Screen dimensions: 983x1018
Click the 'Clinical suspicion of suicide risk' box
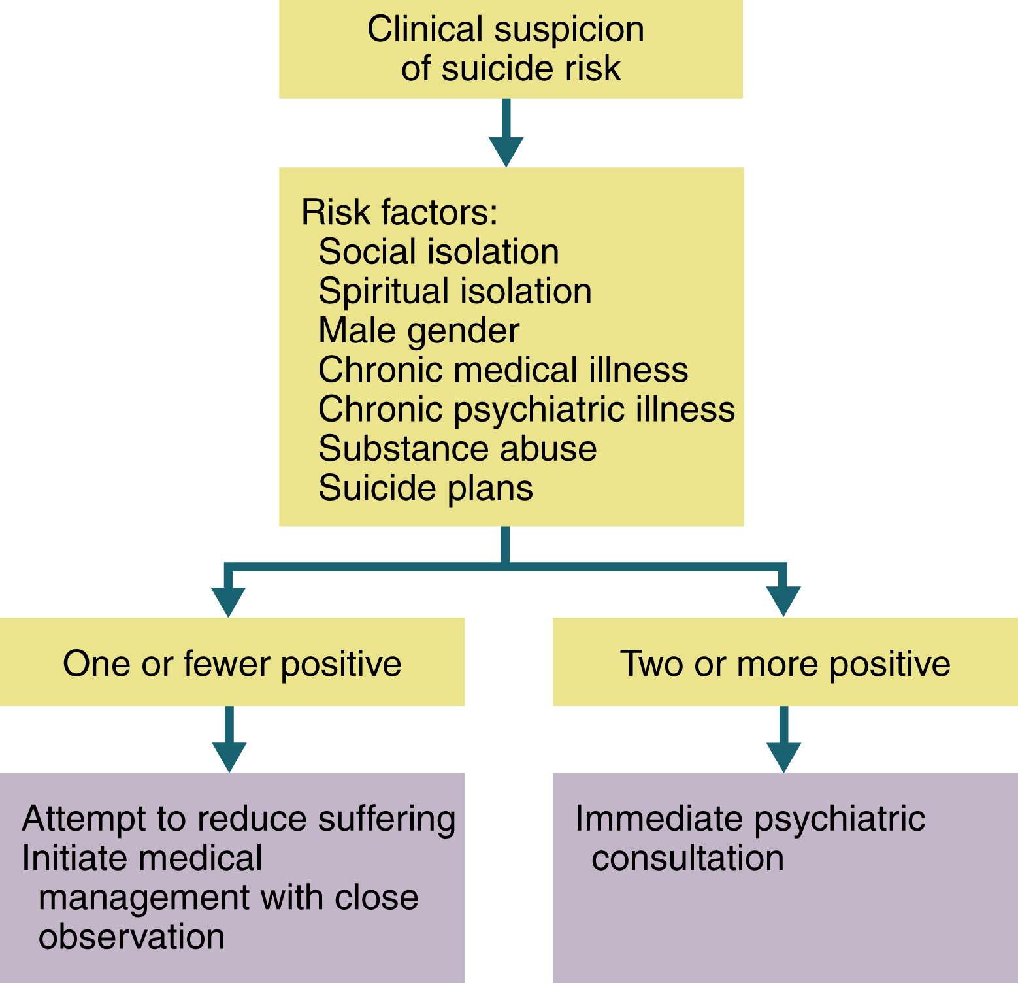[510, 49]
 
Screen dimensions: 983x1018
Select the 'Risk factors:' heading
[399, 212]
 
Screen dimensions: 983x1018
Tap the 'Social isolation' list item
[438, 252]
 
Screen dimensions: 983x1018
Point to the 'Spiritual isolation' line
[455, 292]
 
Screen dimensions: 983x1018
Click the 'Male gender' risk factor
[419, 331]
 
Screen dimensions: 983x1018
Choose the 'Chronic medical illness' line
[503, 370]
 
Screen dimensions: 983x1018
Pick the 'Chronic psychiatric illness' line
[527, 410]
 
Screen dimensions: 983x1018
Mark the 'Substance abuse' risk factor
[457, 449]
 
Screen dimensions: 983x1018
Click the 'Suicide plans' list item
[425, 488]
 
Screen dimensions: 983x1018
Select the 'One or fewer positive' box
[232, 663]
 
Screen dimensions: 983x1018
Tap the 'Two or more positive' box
[785, 663]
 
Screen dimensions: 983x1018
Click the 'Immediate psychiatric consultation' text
[749, 838]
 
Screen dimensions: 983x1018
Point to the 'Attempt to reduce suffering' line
[238, 819]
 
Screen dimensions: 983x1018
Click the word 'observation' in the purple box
[131, 937]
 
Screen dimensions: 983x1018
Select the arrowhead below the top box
[506, 151]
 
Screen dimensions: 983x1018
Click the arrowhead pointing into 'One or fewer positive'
[228, 601]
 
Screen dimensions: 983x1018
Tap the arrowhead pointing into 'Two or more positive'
[783, 601]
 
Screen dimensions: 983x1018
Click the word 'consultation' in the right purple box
[687, 858]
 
